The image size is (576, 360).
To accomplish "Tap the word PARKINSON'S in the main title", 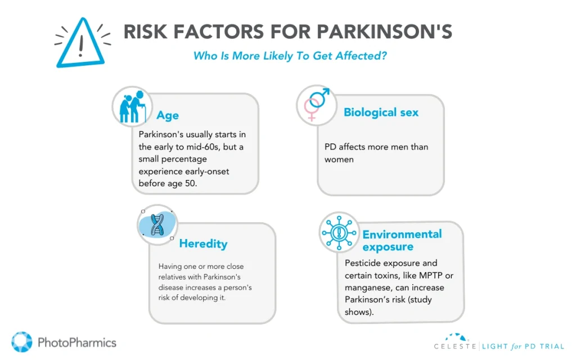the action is coord(384,31).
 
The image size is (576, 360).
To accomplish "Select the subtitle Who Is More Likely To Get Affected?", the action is coord(290,56).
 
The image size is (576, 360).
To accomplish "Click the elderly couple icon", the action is coord(132,106).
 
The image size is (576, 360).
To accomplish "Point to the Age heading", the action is coord(168,115).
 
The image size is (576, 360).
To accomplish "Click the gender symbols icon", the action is coord(317,104).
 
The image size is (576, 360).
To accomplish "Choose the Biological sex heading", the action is coord(381,112).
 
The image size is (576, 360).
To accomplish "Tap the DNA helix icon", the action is coord(157,225).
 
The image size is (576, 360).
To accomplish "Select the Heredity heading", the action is coord(203,244).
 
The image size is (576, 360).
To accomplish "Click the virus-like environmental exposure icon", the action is coord(339,232).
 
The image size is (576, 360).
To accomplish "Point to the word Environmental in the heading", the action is coord(402,234).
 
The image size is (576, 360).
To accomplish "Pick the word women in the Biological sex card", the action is coord(339,160).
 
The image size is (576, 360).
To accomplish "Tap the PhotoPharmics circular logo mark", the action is coord(22,342).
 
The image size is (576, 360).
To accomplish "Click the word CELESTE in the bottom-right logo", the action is coord(455,346).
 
